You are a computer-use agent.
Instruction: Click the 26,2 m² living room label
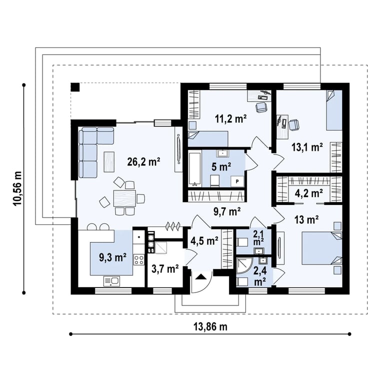pyautogui.click(x=144, y=162)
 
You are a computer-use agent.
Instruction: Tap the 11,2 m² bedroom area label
pyautogui.click(x=230, y=119)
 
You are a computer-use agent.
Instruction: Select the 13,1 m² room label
pyautogui.click(x=307, y=147)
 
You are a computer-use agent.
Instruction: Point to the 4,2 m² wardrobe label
pyautogui.click(x=308, y=193)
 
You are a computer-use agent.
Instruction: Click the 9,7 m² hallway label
pyautogui.click(x=227, y=211)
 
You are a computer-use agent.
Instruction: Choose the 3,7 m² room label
pyautogui.click(x=165, y=269)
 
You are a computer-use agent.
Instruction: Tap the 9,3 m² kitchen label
pyautogui.click(x=112, y=257)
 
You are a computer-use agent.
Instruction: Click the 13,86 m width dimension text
pyautogui.click(x=210, y=326)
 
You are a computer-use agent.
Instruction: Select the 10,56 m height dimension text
pyautogui.click(x=18, y=188)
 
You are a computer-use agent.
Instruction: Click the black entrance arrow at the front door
pyautogui.click(x=201, y=277)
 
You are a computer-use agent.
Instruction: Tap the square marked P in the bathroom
pyautogui.click(x=237, y=181)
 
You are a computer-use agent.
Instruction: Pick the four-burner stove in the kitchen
pyautogui.click(x=139, y=260)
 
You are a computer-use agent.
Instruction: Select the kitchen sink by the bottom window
pyautogui.click(x=111, y=281)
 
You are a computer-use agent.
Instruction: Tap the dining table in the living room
pyautogui.click(x=124, y=198)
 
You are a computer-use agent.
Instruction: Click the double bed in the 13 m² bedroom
pyautogui.click(x=322, y=248)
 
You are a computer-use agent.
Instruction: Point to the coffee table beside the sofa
pyautogui.click(x=109, y=161)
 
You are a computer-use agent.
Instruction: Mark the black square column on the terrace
pyautogui.click(x=75, y=87)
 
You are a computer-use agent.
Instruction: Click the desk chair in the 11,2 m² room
pyautogui.click(x=261, y=107)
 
